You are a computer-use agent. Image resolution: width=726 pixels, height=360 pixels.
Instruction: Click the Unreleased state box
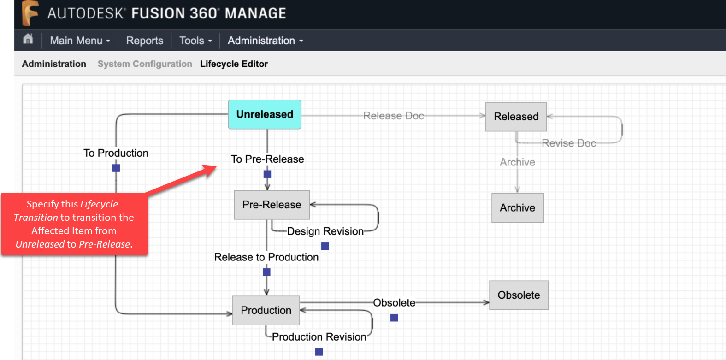pos(265,114)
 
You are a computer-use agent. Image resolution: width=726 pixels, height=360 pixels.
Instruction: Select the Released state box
pos(516,117)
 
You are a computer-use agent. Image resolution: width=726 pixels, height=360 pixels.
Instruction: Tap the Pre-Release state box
pos(272,205)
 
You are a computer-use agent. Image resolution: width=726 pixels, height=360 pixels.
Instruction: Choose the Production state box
pos(266,310)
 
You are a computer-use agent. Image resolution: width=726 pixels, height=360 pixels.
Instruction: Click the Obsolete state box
pos(519,295)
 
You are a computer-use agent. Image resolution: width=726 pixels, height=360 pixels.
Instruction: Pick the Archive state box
pos(517,208)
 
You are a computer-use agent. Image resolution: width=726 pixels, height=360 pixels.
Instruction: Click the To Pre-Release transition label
pos(267,159)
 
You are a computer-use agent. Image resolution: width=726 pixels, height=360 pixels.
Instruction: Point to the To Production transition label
pos(116,153)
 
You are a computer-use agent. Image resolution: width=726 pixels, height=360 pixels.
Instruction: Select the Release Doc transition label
pos(393,116)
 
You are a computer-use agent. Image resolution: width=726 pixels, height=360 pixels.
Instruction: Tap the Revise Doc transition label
pos(569,143)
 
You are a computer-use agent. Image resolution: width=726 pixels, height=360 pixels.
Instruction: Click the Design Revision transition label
pos(325,231)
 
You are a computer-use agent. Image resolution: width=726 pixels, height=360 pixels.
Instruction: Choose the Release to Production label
pos(266,257)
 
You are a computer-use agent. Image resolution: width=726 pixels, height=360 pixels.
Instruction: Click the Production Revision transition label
pos(319,337)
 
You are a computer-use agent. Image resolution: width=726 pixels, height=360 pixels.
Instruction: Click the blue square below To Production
pos(116,168)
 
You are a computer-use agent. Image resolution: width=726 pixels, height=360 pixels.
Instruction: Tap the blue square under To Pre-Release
pos(267,174)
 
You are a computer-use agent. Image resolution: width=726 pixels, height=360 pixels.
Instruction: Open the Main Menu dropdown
pos(80,41)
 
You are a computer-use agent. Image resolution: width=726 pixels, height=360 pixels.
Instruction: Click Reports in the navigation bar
pos(145,41)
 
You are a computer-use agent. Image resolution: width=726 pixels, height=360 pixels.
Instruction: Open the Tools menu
pos(195,41)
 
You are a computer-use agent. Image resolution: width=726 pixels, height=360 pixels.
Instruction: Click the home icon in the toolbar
pos(28,39)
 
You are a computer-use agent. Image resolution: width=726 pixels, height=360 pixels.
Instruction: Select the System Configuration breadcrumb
pos(145,64)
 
